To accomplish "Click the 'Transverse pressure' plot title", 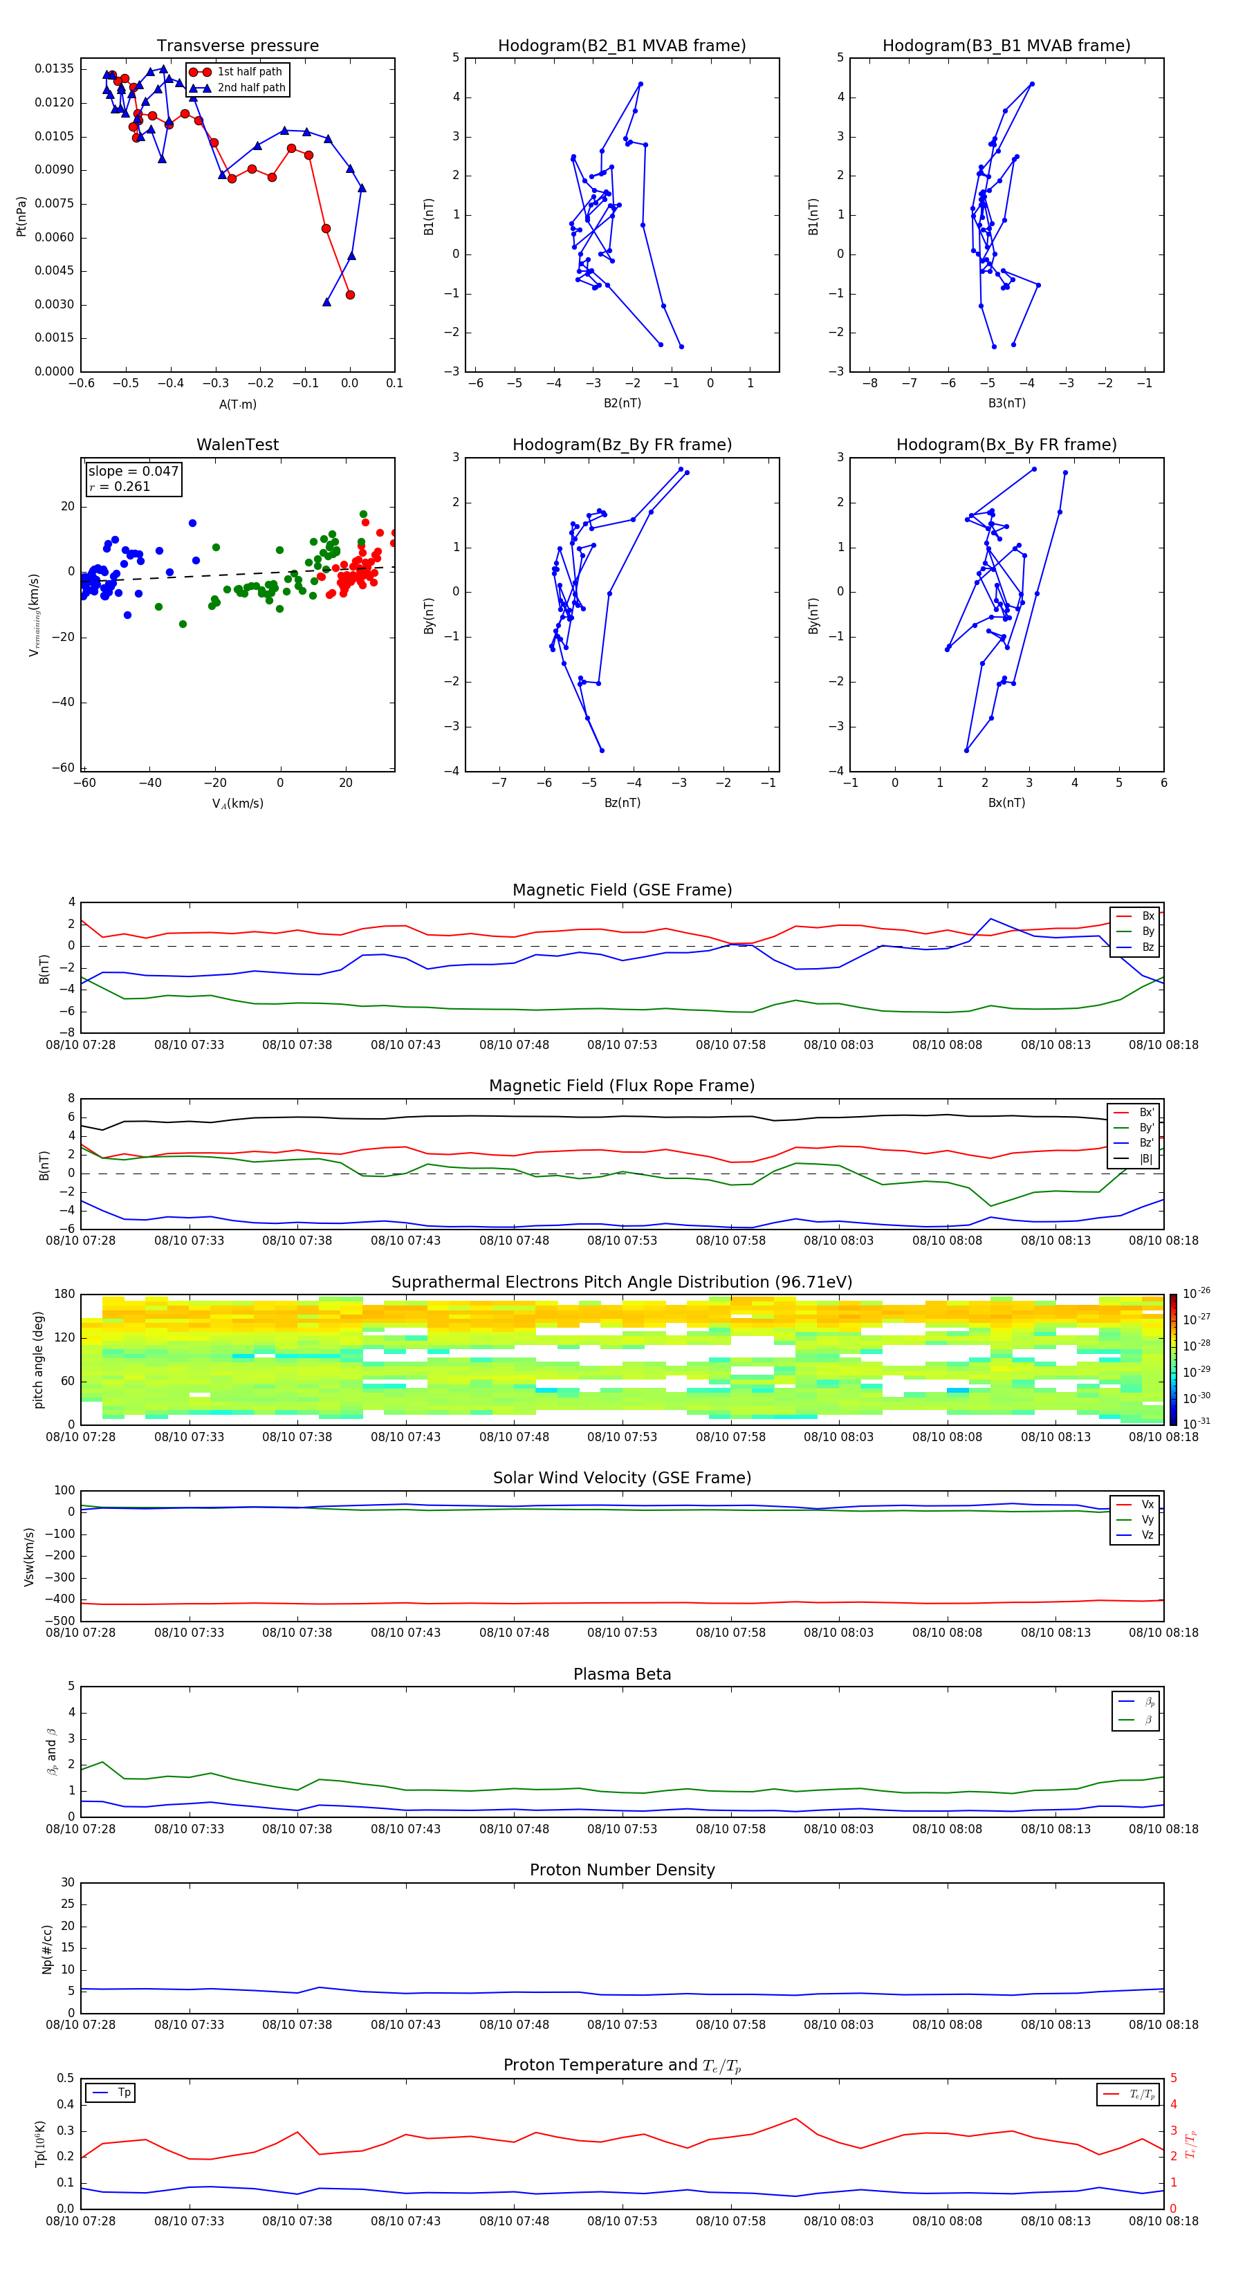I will (237, 46).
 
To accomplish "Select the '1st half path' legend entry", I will (249, 72).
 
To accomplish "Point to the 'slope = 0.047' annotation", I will (133, 472).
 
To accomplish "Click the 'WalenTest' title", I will (237, 445).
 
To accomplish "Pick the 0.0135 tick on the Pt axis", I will (54, 69).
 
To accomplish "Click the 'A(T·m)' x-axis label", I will (237, 404).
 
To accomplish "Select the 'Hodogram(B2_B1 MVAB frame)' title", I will (621, 46).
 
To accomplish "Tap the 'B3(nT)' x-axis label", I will (1006, 403).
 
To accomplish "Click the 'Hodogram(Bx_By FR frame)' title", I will (1006, 445).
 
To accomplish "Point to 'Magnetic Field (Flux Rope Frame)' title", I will (621, 1086).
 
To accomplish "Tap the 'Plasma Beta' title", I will (621, 1674).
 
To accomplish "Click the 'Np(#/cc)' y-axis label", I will (47, 1949).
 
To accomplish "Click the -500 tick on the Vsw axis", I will (62, 1621).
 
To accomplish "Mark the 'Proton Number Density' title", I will (621, 1870).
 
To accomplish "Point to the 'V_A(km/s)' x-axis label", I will (237, 804).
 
